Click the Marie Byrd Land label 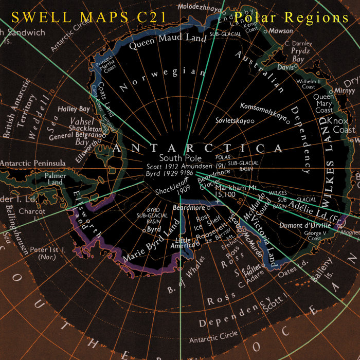click(153, 240)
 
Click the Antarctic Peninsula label click(32, 163)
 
